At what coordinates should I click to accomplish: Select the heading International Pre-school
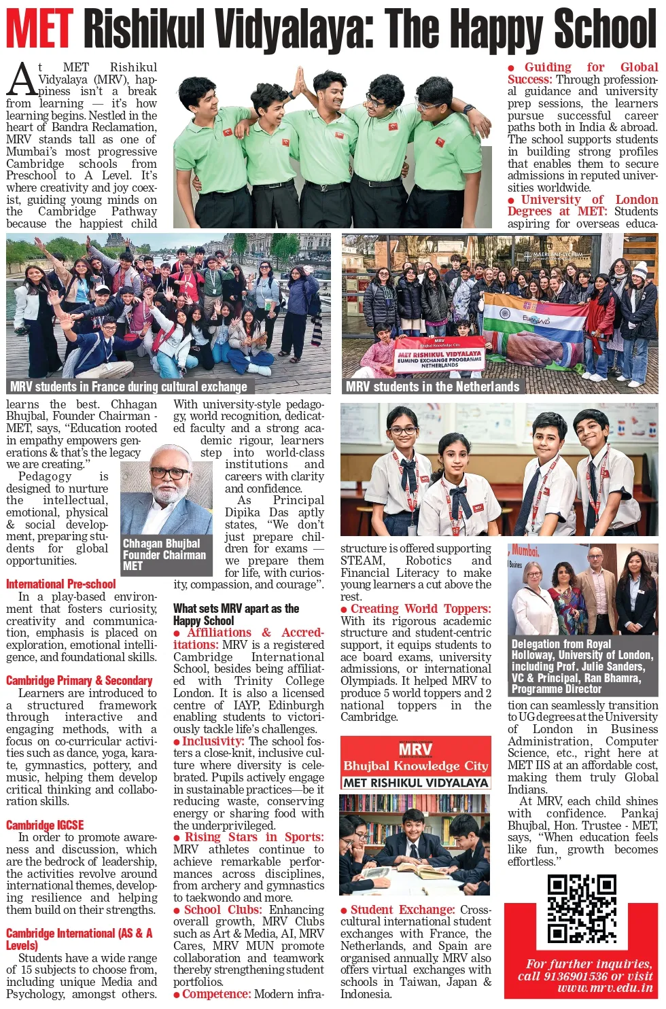click(60, 584)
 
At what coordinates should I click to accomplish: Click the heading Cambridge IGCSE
click(45, 825)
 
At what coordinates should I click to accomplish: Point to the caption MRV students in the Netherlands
click(432, 387)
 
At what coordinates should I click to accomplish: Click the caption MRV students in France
click(128, 387)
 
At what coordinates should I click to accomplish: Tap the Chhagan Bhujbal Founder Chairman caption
click(164, 554)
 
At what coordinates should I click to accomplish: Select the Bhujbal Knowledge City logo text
click(415, 766)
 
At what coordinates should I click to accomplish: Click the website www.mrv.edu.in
click(605, 988)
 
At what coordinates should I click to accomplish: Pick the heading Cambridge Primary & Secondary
click(79, 680)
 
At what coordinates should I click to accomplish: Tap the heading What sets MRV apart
click(236, 614)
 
